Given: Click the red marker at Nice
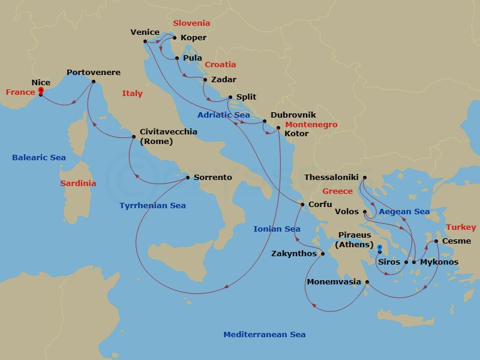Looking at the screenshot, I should click(x=41, y=91).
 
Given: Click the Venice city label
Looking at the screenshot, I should click(x=145, y=32).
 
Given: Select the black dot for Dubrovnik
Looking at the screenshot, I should click(x=265, y=121).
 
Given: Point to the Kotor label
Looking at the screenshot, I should click(x=296, y=133).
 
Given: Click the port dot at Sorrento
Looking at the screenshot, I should click(x=188, y=178).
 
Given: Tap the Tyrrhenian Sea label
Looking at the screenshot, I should click(x=152, y=205).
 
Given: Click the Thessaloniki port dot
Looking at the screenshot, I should click(x=364, y=178).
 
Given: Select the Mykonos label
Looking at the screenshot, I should click(x=439, y=262).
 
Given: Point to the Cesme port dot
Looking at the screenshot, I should click(x=436, y=241).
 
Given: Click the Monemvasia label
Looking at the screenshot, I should click(x=334, y=281).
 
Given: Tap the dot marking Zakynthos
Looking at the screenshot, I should click(x=322, y=254).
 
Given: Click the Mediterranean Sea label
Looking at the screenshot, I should click(x=264, y=335).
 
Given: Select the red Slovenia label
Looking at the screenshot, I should click(x=191, y=23).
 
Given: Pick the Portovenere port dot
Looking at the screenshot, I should click(x=94, y=82).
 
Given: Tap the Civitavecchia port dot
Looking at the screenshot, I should click(x=134, y=137).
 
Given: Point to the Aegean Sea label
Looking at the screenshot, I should click(x=404, y=211).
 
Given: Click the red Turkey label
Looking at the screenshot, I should click(x=461, y=227).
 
